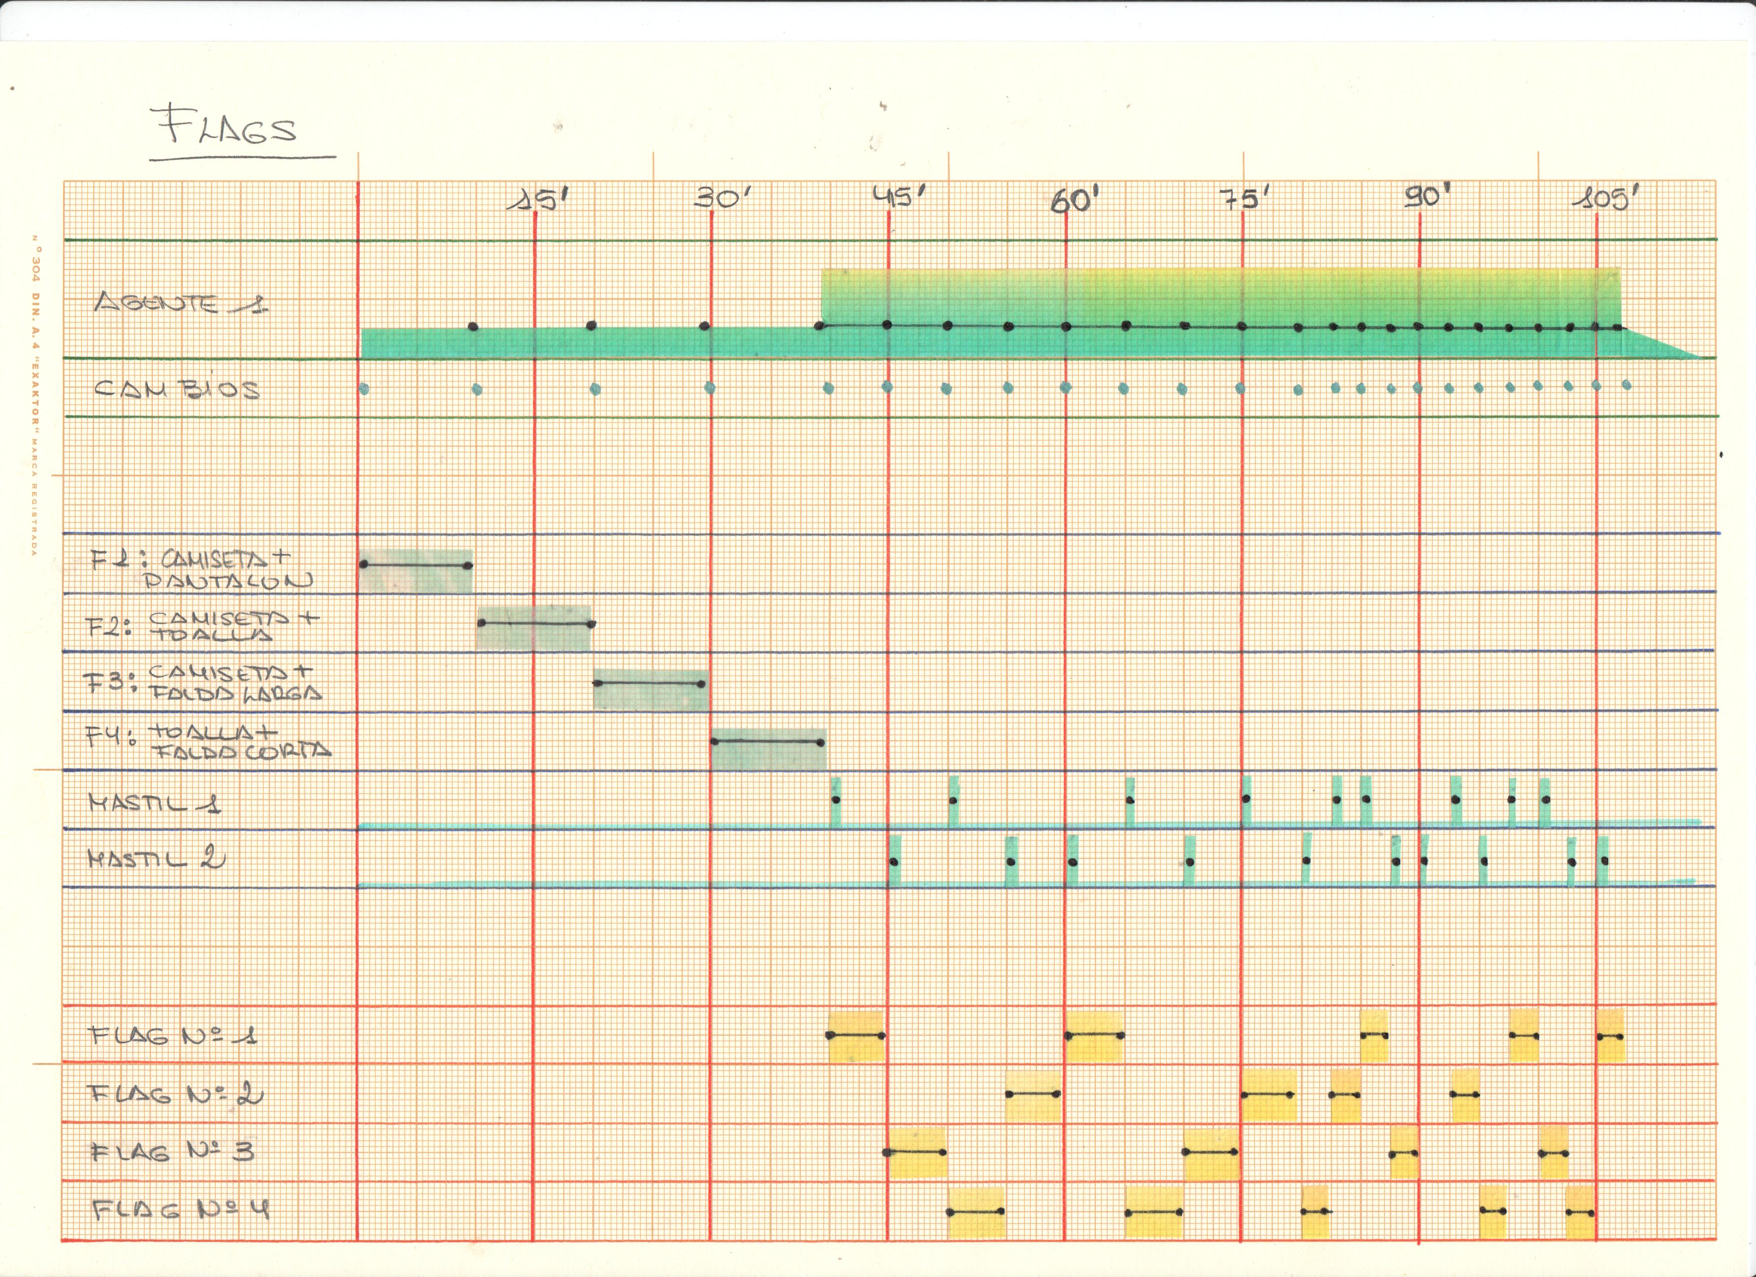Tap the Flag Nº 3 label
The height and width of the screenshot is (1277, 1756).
(171, 1152)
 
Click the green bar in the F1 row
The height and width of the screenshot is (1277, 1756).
(416, 571)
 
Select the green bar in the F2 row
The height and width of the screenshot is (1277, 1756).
(534, 628)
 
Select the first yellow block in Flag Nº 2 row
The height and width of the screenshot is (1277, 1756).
(1033, 1096)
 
